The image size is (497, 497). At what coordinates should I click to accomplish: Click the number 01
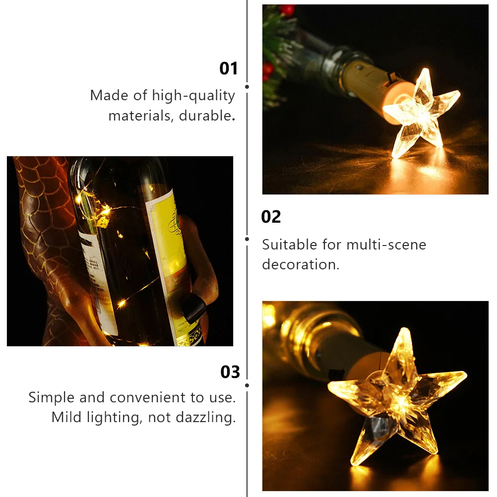[229, 68]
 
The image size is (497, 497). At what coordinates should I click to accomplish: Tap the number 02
[271, 217]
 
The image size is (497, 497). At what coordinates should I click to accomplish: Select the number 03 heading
[230, 372]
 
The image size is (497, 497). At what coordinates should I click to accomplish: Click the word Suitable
[289, 245]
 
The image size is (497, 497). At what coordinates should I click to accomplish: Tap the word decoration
[301, 264]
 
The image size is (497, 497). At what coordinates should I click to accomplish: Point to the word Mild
[66, 417]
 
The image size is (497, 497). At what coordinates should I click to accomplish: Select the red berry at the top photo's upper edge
[287, 9]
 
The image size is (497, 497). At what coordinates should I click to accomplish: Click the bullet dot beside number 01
[247, 87]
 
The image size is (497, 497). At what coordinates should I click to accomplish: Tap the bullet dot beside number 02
[247, 239]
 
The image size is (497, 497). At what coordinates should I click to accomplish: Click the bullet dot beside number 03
[247, 385]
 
